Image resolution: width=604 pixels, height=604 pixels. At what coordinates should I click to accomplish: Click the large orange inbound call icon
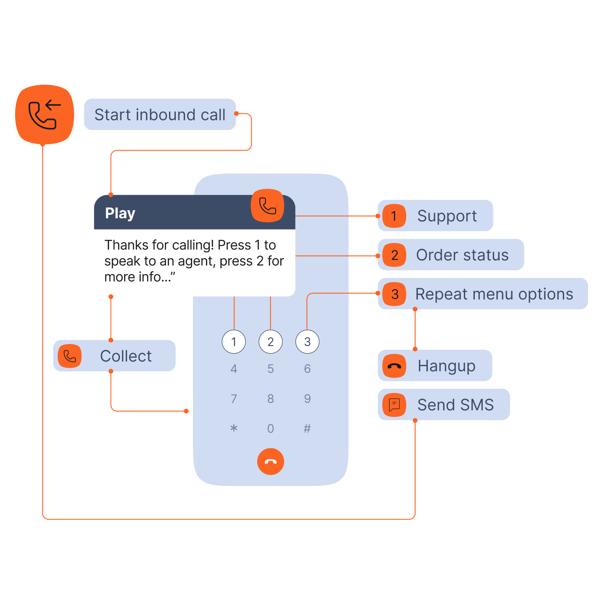44,115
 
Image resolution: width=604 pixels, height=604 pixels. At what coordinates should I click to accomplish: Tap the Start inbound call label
160,115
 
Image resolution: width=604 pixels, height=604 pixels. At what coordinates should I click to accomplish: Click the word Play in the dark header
120,213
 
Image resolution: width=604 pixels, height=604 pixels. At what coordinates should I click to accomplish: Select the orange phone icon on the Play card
268,206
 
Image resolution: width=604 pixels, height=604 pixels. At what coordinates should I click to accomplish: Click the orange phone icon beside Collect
70,356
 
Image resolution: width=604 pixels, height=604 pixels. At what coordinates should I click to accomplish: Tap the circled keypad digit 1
234,342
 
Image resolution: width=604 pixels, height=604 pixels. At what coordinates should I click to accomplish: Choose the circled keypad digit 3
307,342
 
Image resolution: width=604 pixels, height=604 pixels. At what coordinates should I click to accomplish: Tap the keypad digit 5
271,369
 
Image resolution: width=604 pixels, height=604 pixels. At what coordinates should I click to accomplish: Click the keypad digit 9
307,398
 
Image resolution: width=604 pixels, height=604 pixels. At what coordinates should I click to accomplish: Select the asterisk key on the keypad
234,428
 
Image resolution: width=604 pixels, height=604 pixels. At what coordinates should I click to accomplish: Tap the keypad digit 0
271,428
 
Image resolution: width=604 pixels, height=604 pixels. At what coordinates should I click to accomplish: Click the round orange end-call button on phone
271,461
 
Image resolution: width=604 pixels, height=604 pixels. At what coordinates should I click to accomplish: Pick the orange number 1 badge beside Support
394,216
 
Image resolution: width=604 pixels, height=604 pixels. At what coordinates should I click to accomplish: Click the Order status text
462,255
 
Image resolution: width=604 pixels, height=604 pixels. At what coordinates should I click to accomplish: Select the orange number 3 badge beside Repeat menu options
394,294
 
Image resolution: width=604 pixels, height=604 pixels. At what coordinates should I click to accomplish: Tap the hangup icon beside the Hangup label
394,366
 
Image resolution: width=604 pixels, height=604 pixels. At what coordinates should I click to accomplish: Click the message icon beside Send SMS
394,405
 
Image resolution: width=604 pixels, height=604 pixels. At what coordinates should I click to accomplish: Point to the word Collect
126,356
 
